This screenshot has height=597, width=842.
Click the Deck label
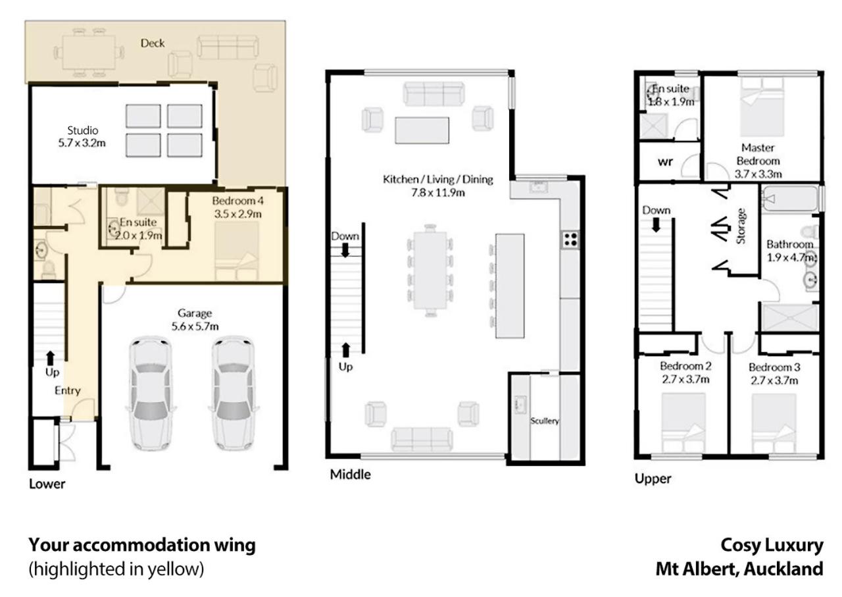152,43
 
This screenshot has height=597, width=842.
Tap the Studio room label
83,130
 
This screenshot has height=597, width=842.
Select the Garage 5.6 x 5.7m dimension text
195,326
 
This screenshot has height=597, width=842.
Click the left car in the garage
151,393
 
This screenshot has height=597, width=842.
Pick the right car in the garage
233,393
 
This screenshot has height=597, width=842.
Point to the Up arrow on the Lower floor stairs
51,359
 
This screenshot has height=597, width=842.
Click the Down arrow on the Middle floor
345,250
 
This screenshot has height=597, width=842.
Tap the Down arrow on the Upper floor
656,225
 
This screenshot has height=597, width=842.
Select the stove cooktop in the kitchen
570,239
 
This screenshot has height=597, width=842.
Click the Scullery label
544,421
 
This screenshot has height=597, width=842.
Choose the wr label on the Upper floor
665,162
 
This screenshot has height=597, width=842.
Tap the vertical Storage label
741,226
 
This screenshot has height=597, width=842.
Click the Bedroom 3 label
774,367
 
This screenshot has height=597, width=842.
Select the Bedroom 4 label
237,201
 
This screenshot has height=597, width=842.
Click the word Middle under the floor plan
351,475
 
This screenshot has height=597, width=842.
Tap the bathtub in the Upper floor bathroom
790,198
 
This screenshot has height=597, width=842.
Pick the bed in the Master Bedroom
762,107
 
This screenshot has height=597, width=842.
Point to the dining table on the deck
89,53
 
